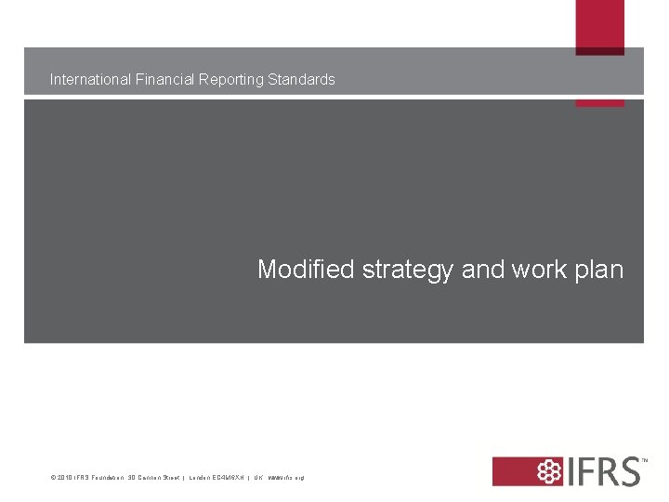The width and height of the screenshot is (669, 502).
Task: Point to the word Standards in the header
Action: pyautogui.click(x=301, y=80)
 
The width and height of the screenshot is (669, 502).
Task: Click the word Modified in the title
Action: pyautogui.click(x=306, y=270)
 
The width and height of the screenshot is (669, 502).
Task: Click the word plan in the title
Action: pyautogui.click(x=601, y=271)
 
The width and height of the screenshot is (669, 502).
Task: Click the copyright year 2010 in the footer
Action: pyautogui.click(x=62, y=478)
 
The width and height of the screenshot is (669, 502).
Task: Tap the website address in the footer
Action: pyautogui.click(x=285, y=478)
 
